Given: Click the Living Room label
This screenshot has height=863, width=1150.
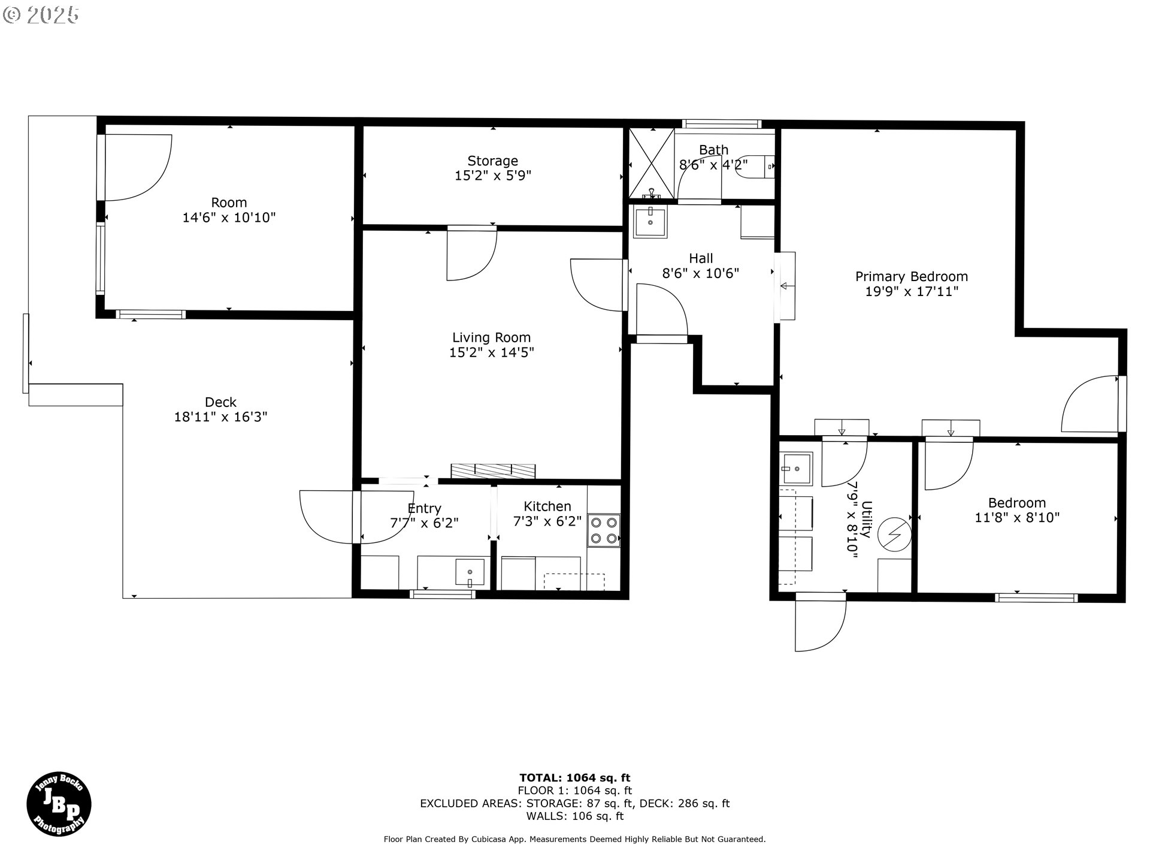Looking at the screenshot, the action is click(x=491, y=337).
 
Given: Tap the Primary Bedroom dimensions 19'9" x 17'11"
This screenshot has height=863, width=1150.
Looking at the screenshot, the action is click(x=912, y=292).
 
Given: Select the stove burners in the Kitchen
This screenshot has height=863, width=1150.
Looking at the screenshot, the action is click(x=604, y=530).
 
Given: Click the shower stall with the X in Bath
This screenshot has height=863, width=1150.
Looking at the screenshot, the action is click(x=651, y=164).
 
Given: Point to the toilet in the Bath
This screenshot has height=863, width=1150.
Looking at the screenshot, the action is click(x=758, y=166).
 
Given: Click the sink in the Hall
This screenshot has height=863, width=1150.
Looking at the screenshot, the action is click(x=650, y=222).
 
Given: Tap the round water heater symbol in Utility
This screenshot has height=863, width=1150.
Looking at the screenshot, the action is click(x=894, y=534).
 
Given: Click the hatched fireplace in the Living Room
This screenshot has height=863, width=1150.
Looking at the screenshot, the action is click(x=493, y=471).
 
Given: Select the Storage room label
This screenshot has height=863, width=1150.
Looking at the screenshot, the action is click(x=493, y=161).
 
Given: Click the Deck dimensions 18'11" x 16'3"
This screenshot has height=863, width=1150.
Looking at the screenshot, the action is click(x=221, y=417).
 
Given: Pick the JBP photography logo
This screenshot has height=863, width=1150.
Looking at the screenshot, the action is click(x=59, y=804).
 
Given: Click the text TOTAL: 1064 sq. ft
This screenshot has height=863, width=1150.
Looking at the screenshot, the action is click(x=575, y=778).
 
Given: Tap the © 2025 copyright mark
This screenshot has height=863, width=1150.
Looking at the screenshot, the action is click(x=41, y=15).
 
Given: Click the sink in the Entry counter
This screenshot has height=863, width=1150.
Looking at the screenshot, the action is click(x=470, y=572).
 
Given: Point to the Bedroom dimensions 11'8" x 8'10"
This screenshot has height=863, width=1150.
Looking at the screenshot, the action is click(x=1017, y=518).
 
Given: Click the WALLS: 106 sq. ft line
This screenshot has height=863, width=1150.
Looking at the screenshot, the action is click(x=575, y=816).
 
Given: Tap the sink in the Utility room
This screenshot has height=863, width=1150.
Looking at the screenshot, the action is click(x=796, y=468).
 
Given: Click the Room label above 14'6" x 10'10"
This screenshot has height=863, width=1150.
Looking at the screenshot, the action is click(x=229, y=203).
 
